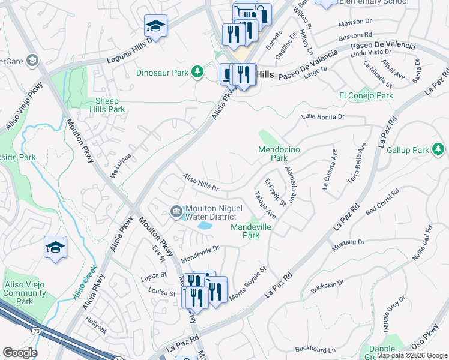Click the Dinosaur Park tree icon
click(196, 73)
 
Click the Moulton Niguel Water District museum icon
click(176, 211)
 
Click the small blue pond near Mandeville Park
click(204, 226)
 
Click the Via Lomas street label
click(120, 166)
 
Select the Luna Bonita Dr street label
click(324, 116)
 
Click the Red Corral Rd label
click(381, 202)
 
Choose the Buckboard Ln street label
click(315, 349)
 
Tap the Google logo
click(20, 353)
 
